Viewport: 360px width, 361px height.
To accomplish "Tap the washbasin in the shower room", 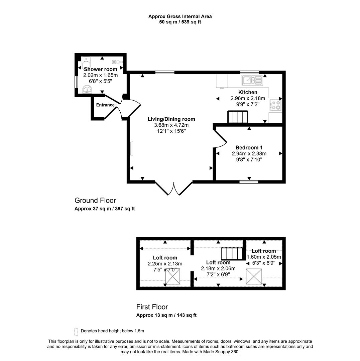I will click(88, 89).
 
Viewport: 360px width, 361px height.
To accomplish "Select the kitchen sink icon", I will click(253, 80).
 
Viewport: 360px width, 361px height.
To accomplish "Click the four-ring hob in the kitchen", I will click(275, 105).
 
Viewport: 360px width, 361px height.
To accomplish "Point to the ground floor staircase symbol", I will click(238, 117).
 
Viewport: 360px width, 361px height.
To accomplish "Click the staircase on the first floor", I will click(232, 253).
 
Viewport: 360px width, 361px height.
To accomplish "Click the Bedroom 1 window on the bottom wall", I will click(249, 182).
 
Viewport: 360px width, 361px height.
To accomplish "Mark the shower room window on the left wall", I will click(76, 82).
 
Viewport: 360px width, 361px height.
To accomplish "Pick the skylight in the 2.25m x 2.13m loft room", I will click(173, 276).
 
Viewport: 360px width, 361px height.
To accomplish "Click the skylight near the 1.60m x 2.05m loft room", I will click(254, 276).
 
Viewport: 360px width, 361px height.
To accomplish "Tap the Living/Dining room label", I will click(171, 119).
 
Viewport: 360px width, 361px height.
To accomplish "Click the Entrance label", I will click(105, 105).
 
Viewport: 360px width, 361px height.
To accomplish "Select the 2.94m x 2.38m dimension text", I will click(249, 154).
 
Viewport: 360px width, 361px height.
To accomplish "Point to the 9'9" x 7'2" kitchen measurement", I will click(247, 104).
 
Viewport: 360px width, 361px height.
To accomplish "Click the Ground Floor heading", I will click(95, 201).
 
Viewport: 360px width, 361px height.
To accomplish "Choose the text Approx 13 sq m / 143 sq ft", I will click(166, 315).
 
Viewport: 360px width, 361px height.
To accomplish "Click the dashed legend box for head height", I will click(76, 331).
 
